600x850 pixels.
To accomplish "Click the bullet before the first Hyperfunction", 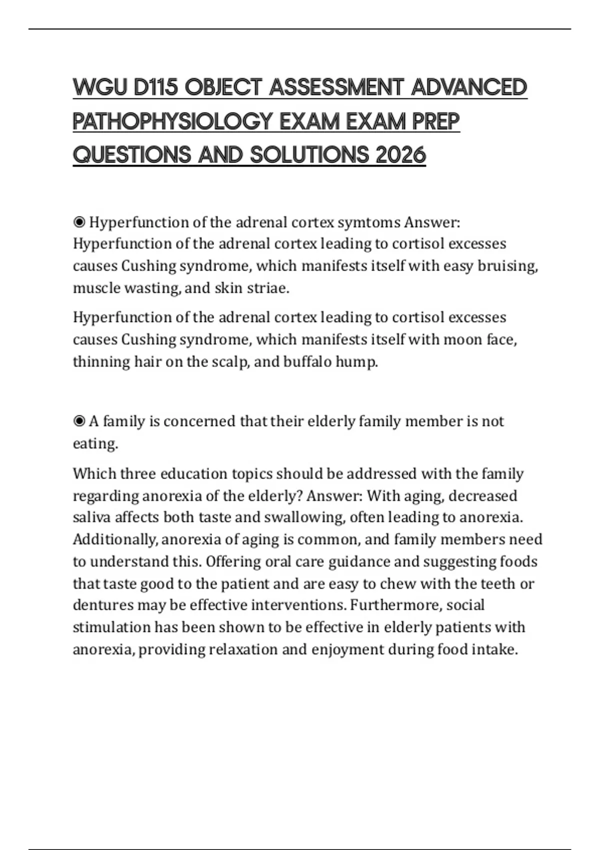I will [79, 222].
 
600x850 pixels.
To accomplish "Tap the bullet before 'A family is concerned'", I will [79, 421].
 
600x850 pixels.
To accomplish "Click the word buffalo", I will [306, 361].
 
